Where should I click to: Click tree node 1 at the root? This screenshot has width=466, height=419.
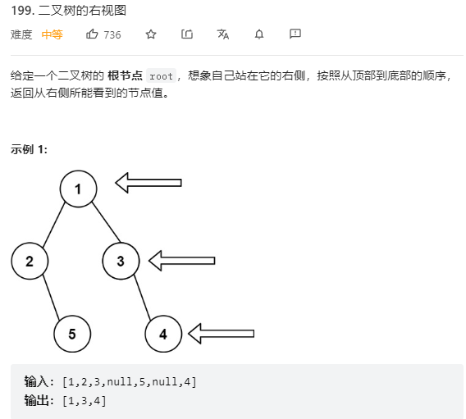click(x=79, y=189)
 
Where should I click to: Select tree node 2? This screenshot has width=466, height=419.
click(x=30, y=261)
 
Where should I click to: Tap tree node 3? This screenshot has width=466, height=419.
click(x=121, y=261)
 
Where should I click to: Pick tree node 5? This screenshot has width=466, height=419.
click(x=72, y=334)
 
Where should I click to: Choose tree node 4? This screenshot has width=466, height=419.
click(x=163, y=334)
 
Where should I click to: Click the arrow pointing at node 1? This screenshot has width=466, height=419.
click(x=148, y=183)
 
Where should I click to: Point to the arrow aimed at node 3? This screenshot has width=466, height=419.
click(x=181, y=261)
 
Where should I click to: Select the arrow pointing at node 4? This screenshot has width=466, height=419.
click(x=222, y=334)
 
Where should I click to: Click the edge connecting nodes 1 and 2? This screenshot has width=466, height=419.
click(x=54, y=225)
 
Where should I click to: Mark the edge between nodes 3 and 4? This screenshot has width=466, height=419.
click(x=143, y=298)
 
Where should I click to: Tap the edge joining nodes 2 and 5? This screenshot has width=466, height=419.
click(x=51, y=298)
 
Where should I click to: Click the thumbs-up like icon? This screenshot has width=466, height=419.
click(x=92, y=34)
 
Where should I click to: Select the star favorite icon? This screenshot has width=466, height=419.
click(x=151, y=34)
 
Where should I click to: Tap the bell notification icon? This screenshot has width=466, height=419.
click(x=259, y=34)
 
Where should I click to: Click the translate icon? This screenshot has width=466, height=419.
click(x=223, y=34)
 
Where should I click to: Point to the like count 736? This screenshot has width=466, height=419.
click(x=112, y=35)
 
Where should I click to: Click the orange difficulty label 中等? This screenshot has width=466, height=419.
click(x=52, y=34)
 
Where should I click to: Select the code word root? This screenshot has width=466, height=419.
click(x=161, y=76)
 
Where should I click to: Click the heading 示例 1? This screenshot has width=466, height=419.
click(x=29, y=149)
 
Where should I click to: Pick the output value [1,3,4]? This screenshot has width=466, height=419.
click(x=85, y=401)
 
